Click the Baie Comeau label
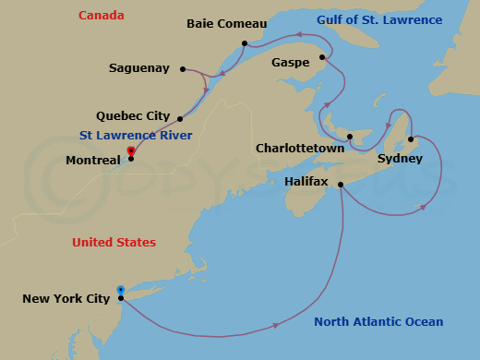(x=226, y=23)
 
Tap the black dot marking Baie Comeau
(x=245, y=43)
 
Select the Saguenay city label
(x=139, y=68)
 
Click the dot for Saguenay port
(x=184, y=68)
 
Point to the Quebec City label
(x=133, y=116)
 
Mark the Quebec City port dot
(x=180, y=119)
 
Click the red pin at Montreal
(x=131, y=150)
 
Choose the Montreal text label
(x=93, y=160)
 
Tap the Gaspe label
(x=290, y=63)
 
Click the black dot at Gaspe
(x=322, y=58)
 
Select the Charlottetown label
(x=300, y=148)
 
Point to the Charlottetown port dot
(x=350, y=138)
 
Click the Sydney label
(x=400, y=159)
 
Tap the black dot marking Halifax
(x=342, y=186)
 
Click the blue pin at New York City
(x=121, y=290)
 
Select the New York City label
(x=66, y=298)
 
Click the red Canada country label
(x=101, y=16)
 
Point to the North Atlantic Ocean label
(x=378, y=322)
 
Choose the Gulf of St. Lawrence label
(x=379, y=20)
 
